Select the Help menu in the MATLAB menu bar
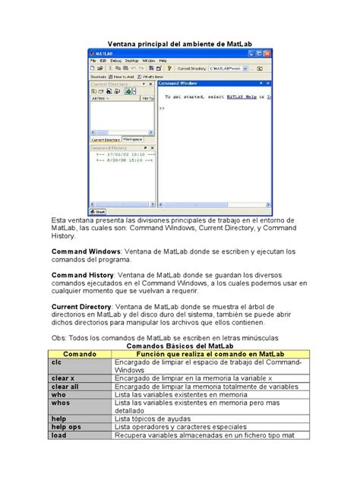point(163,60)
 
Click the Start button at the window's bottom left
point(99,212)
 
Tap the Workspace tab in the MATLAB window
point(132,140)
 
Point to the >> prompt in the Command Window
point(162,109)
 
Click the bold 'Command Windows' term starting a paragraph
point(81,251)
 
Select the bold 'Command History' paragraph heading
point(82,274)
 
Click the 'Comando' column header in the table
point(79,354)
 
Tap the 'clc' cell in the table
point(56,362)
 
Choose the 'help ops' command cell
point(67,427)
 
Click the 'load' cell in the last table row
point(58,435)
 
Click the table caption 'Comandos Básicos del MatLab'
point(179,346)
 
